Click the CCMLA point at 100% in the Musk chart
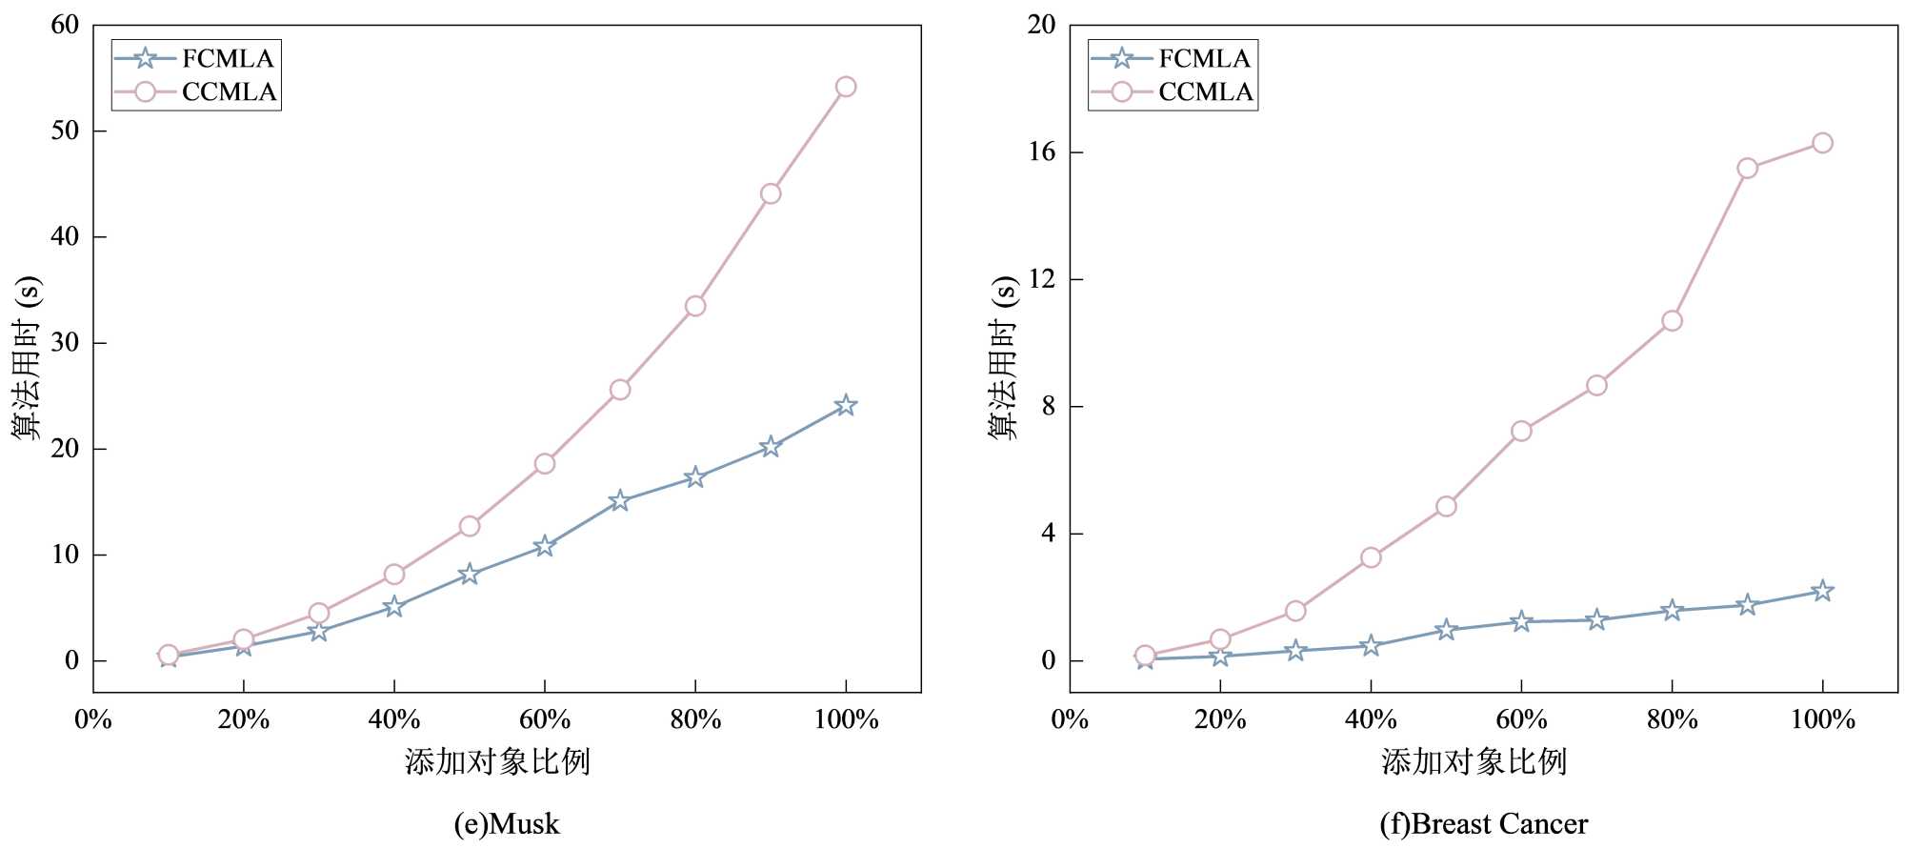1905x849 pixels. tap(846, 87)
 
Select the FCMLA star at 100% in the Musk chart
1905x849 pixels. tap(846, 406)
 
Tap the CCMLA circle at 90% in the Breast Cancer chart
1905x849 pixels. tap(1747, 169)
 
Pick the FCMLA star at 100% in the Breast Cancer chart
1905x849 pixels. tap(1822, 591)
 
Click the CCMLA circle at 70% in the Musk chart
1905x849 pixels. tap(620, 390)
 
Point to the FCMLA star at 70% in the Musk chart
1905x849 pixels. tap(620, 500)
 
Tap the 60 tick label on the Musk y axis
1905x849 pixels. tap(65, 26)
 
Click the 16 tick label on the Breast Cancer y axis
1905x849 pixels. tap(1042, 152)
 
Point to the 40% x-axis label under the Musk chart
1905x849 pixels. tap(394, 720)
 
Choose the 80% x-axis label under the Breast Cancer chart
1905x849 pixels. tap(1673, 720)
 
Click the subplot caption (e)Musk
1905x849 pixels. tap(507, 824)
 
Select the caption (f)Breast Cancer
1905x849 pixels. tap(1484, 824)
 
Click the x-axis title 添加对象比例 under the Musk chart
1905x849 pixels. tap(497, 762)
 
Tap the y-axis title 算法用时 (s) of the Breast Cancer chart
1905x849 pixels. tap(1003, 357)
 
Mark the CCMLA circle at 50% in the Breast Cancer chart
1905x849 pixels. tap(1446, 506)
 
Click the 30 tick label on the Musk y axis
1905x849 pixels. tap(65, 343)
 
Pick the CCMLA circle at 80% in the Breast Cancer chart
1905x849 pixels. tap(1672, 321)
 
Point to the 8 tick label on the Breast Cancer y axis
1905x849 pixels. tap(1049, 407)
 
